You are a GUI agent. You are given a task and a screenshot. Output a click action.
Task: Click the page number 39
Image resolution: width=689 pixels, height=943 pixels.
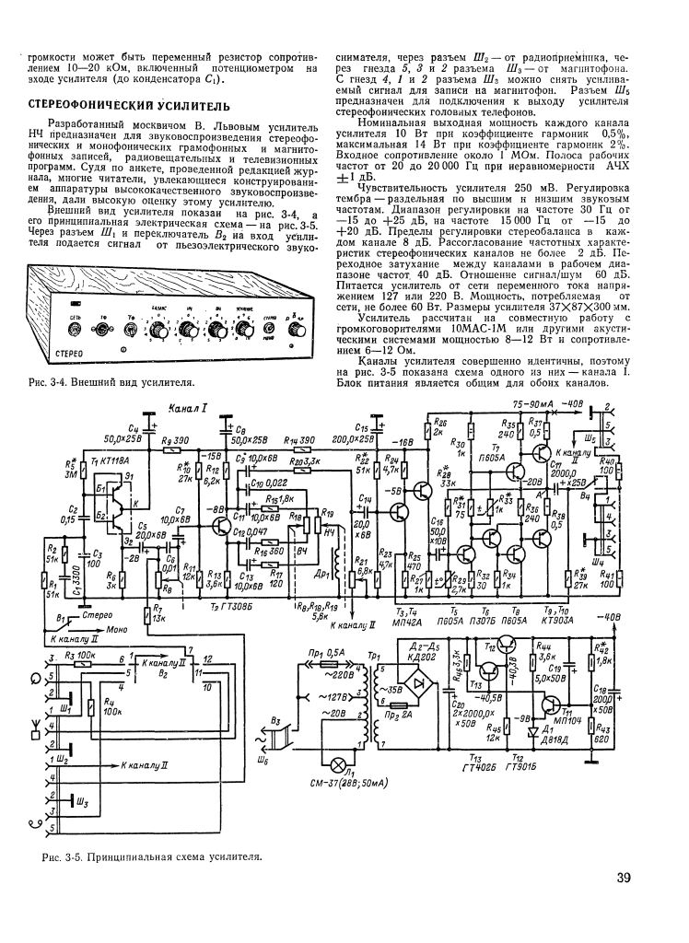pyautogui.click(x=624, y=878)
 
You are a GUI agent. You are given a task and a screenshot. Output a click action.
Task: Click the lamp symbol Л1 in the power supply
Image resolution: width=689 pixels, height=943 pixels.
pyautogui.click(x=348, y=766)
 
